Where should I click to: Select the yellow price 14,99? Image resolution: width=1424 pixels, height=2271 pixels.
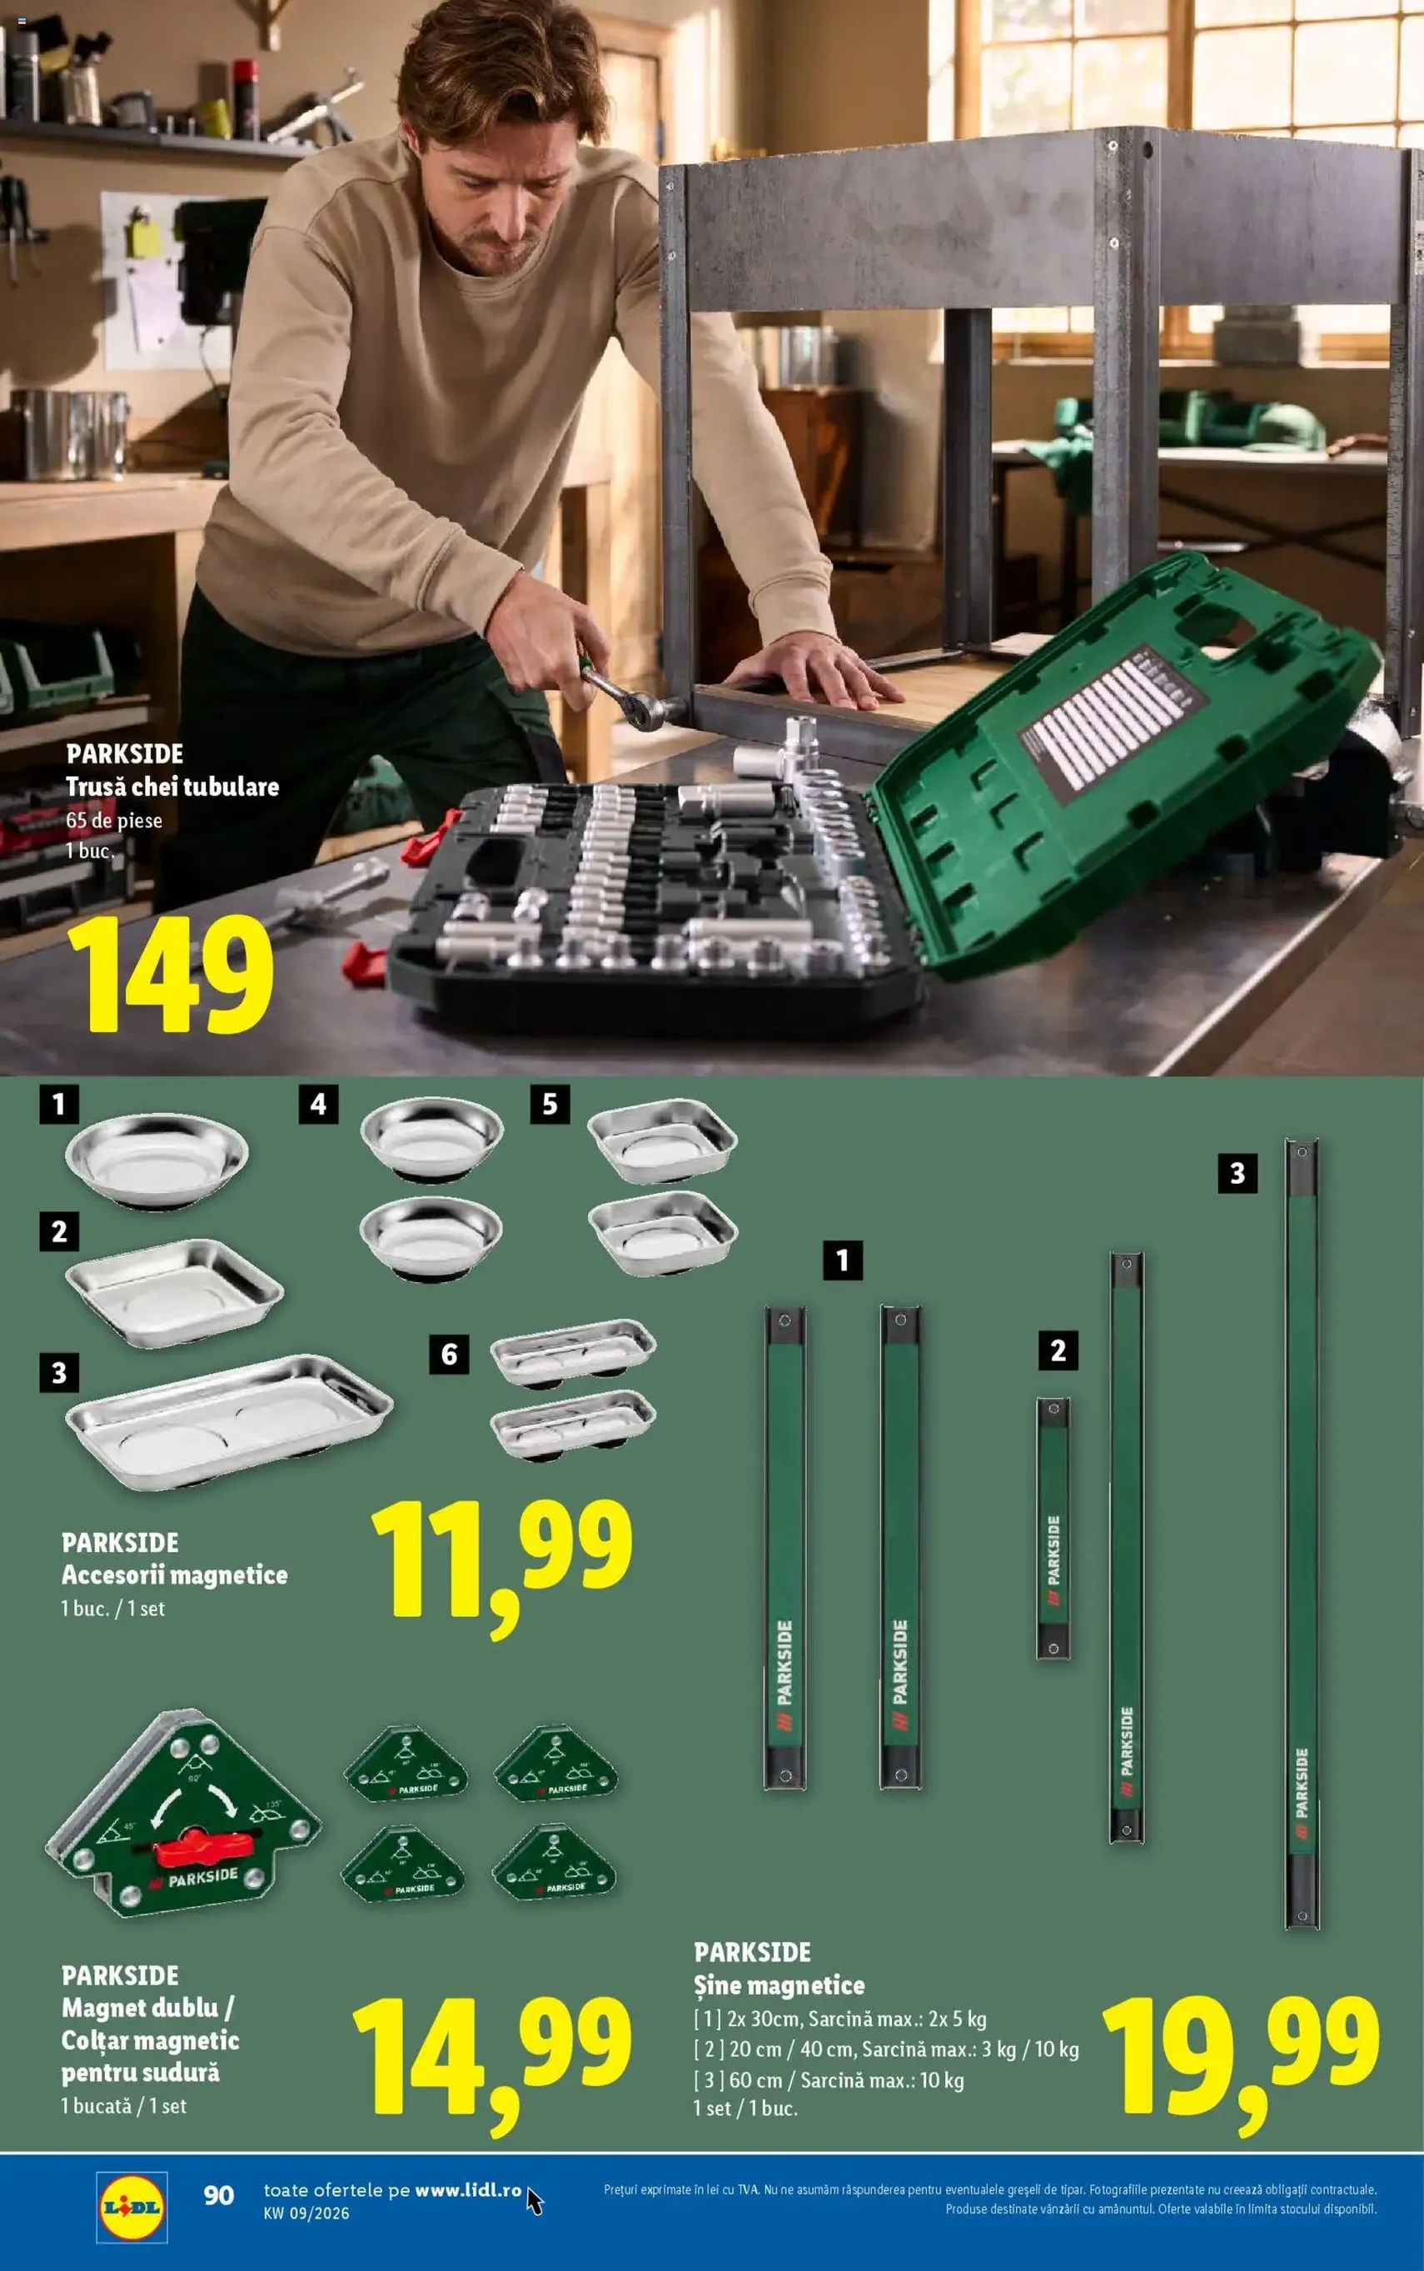pos(490,2060)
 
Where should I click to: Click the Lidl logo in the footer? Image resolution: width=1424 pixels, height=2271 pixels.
pos(132,2207)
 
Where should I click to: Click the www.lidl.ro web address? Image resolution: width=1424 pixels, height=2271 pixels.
pos(468,2190)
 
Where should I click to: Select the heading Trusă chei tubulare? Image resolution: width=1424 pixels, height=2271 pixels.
pos(172,786)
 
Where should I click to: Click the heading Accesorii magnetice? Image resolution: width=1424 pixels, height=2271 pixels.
pos(174,1574)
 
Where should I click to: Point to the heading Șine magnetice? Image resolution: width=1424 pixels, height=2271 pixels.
pos(779,1984)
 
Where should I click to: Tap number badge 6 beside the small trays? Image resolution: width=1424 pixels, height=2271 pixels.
pos(449,1355)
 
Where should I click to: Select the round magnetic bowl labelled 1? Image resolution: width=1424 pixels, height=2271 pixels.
pos(157,1160)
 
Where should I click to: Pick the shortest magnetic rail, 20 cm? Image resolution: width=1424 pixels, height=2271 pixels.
pos(1053,1528)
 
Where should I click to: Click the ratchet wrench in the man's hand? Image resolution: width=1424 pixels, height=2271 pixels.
pos(626,696)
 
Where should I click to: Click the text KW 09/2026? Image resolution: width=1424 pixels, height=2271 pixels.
pos(306,2214)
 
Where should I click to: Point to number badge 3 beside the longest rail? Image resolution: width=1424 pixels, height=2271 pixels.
pos(1237,1173)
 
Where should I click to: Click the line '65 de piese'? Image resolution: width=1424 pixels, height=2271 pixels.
pos(114,821)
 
